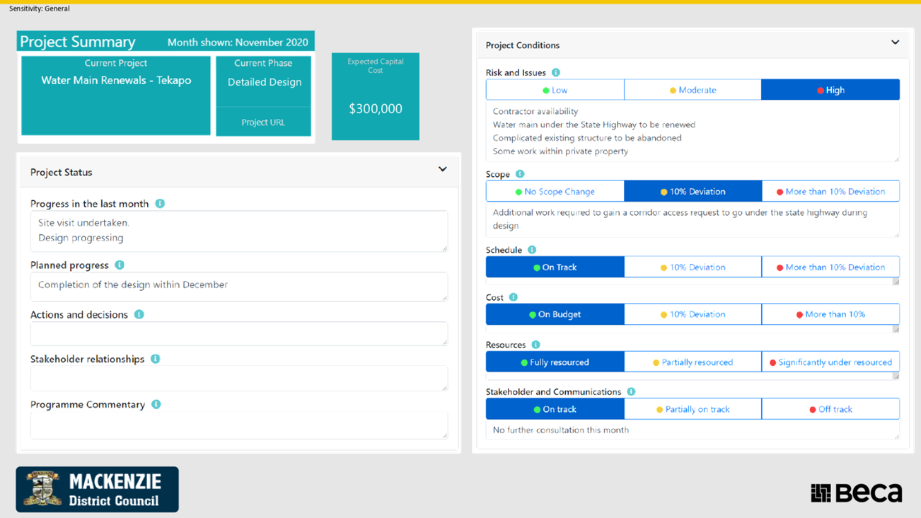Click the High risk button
830,90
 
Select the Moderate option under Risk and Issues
693,90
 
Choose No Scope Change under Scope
555,191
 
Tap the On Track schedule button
555,267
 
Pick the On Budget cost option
555,314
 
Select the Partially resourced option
693,362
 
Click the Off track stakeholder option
830,409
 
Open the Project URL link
263,122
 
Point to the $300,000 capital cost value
376,108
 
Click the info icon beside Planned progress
120,265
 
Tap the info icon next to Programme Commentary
156,405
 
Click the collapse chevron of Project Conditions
895,42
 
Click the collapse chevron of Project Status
442,169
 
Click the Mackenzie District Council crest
42,488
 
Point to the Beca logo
857,493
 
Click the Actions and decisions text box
239,333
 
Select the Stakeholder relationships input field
239,378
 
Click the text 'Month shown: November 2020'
238,42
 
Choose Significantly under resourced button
830,362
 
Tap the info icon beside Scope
520,173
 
